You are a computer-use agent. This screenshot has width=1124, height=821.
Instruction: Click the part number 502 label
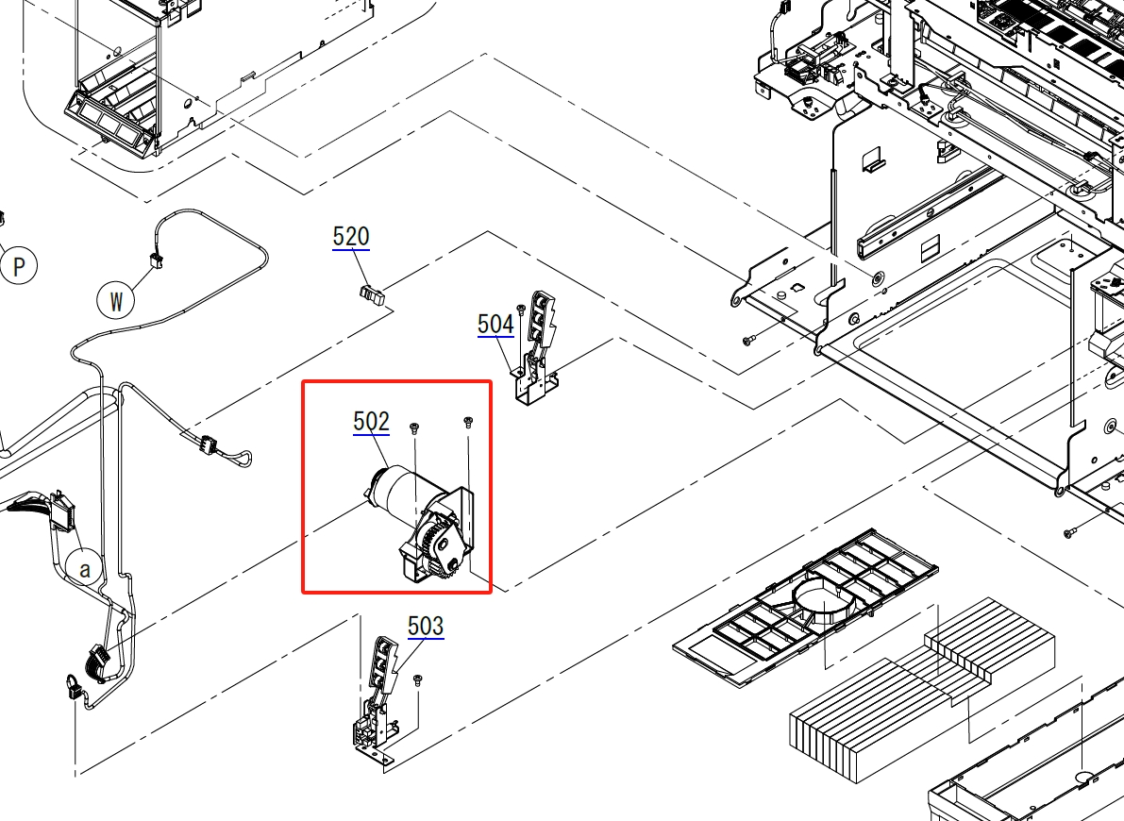pos(371,421)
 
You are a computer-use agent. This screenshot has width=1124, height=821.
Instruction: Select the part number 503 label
pos(426,626)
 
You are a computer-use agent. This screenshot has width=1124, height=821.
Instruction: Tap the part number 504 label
pos(495,324)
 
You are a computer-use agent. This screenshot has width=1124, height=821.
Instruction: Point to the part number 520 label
pos(350,237)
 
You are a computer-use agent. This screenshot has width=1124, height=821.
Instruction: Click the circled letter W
pos(116,300)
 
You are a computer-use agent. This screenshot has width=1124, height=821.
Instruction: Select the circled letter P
pos(18,266)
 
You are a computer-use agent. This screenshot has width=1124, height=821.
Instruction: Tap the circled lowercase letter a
pos(85,569)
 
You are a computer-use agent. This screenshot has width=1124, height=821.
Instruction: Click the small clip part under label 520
pos(371,293)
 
